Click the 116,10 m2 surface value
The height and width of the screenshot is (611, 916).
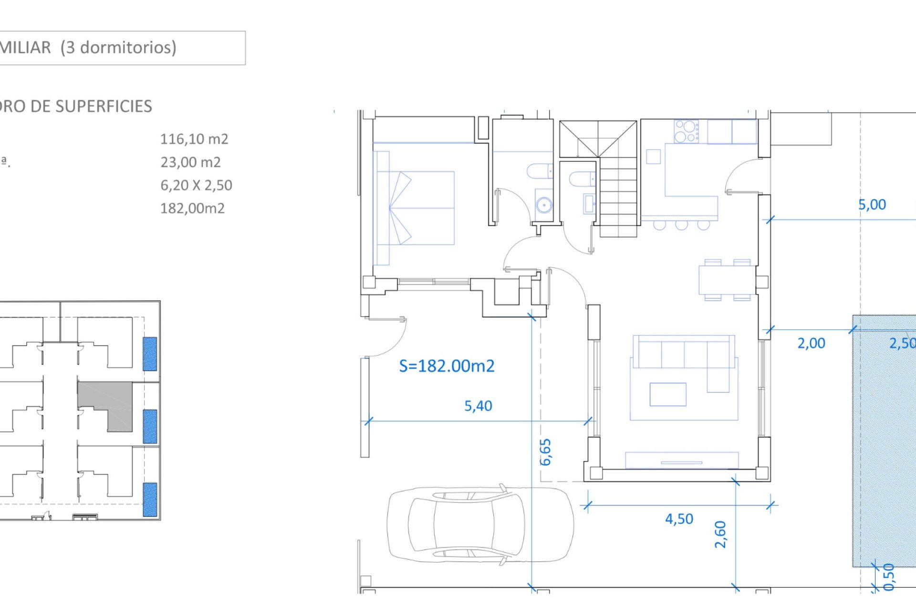194,139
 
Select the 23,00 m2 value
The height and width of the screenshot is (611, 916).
190,162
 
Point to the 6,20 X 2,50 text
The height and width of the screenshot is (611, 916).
196,185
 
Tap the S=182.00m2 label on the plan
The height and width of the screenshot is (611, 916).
447,366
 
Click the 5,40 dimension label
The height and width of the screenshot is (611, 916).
478,406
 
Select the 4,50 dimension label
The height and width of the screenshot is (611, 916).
679,519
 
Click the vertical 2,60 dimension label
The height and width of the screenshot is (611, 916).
720,534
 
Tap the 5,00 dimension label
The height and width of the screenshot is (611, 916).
872,205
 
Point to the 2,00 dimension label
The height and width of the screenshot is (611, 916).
811,343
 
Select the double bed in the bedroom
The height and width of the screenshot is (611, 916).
415,208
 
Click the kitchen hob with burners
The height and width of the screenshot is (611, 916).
686,131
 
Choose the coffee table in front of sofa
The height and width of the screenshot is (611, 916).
667,394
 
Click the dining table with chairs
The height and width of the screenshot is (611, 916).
727,280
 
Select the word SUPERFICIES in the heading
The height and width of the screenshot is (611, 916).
104,106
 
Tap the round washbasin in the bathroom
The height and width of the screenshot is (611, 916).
544,205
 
